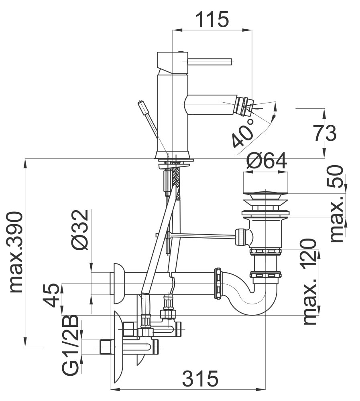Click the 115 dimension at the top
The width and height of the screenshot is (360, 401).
click(212, 19)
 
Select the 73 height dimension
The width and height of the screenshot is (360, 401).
click(325, 133)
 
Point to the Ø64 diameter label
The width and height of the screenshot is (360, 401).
click(266, 161)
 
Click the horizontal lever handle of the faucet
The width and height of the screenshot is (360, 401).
click(210, 62)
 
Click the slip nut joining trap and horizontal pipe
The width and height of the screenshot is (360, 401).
click(217, 284)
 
